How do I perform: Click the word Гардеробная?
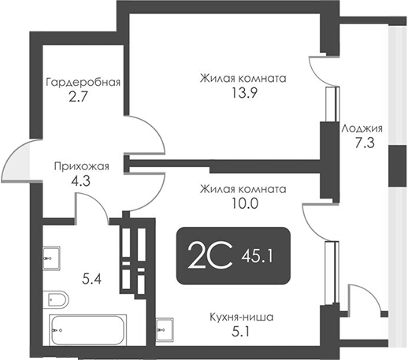click(83, 82)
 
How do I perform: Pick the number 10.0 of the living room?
click(242, 202)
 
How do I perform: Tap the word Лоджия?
click(362, 128)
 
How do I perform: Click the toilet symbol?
click(57, 299)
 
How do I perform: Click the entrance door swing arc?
click(17, 161)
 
